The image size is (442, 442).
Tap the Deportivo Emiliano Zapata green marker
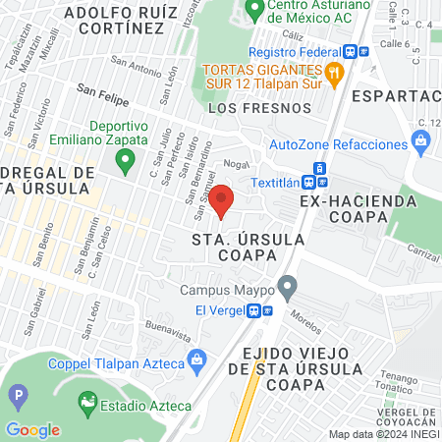click(124, 162)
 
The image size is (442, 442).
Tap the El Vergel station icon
click(254, 310)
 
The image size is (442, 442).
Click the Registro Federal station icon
click(363, 52)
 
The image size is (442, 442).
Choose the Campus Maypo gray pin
click(287, 289)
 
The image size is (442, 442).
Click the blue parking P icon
click(17, 398)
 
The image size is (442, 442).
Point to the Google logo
click(32, 430)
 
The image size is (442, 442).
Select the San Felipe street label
click(98, 94)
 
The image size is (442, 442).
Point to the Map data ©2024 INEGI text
click(383, 434)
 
